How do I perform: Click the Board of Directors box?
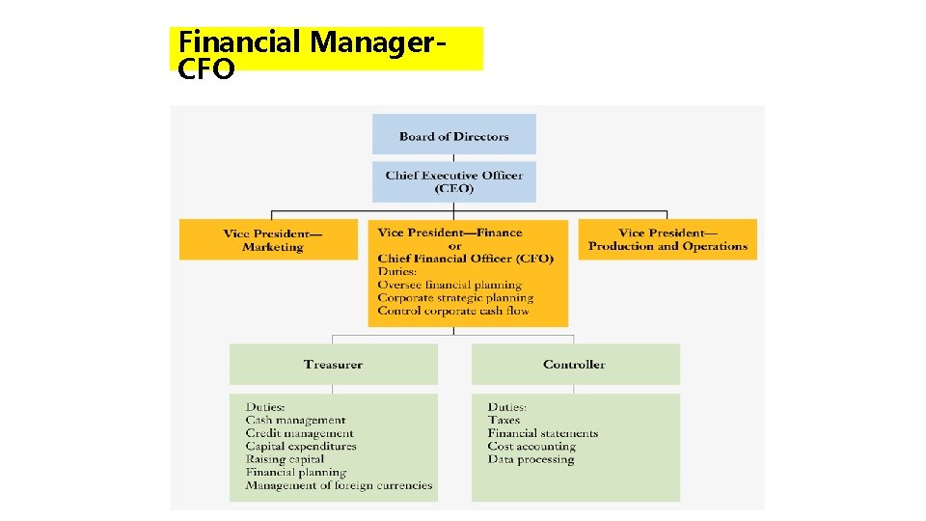click(453, 135)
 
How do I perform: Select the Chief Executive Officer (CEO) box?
click(453, 181)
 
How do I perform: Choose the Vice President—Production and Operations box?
click(667, 239)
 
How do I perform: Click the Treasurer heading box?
click(333, 365)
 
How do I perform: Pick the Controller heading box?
click(575, 365)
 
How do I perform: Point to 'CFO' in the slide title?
click(206, 69)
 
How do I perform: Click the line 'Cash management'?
click(295, 421)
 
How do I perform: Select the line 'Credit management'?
click(299, 433)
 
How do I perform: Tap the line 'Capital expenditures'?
click(301, 447)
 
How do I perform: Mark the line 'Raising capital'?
click(285, 459)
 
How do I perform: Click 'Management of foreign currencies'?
click(339, 485)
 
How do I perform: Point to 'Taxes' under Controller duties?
click(504, 421)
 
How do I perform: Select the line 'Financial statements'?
click(543, 433)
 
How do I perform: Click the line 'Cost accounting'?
click(531, 447)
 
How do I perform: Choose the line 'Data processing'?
click(531, 459)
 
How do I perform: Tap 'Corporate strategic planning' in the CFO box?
click(455, 298)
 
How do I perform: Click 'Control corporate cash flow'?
click(453, 311)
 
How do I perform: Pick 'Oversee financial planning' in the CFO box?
click(449, 285)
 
